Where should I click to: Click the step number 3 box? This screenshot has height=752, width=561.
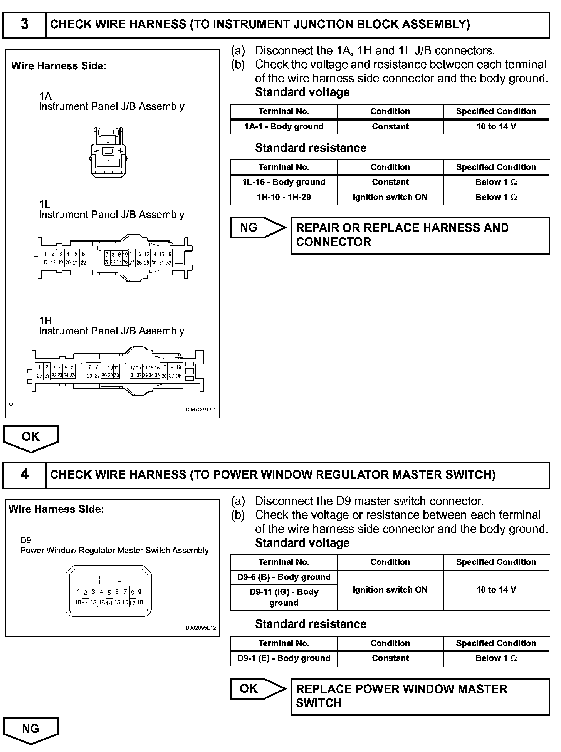24,24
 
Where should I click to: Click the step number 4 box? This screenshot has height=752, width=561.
24,475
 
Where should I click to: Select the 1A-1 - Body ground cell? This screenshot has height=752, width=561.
284,127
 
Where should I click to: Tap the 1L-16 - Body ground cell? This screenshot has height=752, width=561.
284,182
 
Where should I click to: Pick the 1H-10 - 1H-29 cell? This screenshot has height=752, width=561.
284,197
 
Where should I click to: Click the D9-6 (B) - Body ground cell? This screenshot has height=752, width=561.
284,577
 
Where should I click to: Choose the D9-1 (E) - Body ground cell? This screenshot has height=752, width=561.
284,658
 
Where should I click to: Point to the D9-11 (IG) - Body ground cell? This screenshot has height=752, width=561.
284,597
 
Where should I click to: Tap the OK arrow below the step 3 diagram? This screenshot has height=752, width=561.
31,438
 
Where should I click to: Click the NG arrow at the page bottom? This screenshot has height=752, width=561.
31,729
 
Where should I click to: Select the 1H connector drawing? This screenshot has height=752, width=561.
115,371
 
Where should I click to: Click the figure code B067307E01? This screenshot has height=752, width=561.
201,410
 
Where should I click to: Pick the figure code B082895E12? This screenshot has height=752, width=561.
201,628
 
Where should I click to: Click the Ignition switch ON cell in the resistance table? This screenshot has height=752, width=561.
390,197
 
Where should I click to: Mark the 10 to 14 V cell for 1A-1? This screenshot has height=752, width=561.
496,127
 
